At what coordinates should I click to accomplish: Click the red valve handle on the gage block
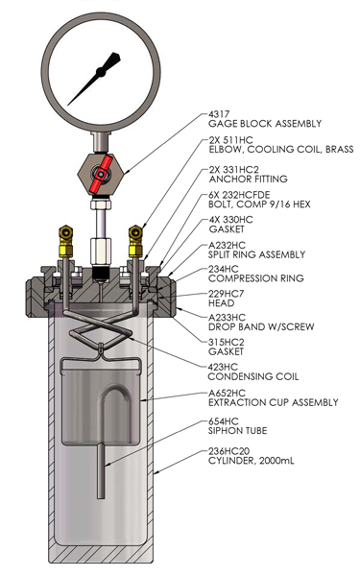[101, 174]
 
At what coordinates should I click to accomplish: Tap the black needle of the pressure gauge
[95, 79]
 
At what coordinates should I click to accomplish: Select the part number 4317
[219, 114]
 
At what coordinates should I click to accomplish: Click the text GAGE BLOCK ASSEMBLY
[265, 124]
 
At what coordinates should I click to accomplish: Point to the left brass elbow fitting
[66, 241]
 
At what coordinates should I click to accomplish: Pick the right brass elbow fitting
[135, 241]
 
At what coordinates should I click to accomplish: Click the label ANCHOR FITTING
[249, 180]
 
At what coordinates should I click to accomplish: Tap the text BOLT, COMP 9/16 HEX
[259, 204]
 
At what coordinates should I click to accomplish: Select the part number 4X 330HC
[231, 220]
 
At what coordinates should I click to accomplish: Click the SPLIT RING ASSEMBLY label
[256, 254]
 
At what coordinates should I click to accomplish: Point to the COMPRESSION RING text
[256, 278]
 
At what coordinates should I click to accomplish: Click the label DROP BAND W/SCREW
[261, 327]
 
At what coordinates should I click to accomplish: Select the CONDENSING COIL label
[253, 376]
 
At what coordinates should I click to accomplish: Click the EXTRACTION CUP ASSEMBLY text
[274, 402]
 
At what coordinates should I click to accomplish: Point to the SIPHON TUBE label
[238, 430]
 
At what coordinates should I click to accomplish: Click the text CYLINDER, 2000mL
[252, 461]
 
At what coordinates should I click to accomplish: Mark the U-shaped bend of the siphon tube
[114, 390]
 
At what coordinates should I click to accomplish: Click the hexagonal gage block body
[101, 173]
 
